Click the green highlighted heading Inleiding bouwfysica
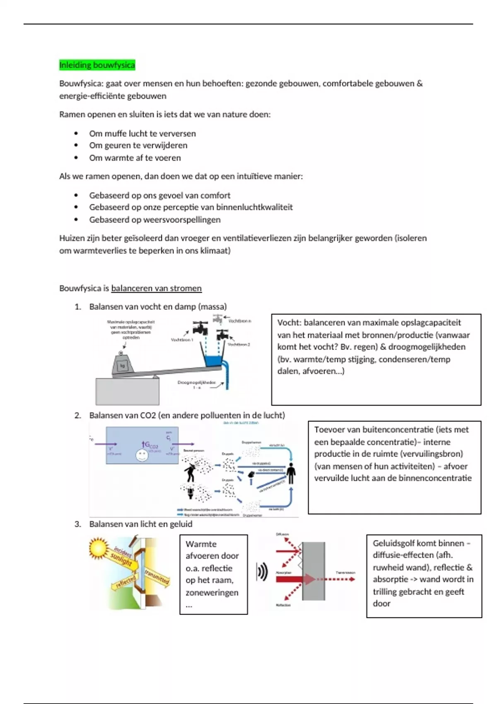(97, 65)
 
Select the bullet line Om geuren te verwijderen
(138, 145)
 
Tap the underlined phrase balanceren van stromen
(156, 288)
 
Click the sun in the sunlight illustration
(99, 548)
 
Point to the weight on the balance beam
(122, 365)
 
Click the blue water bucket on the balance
(213, 361)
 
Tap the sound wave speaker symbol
(262, 572)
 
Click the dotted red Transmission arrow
(340, 579)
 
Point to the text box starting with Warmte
(213, 574)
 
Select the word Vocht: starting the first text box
(289, 323)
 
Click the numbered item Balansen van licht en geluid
(141, 524)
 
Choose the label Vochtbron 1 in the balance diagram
(182, 340)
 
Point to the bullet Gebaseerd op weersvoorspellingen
(154, 219)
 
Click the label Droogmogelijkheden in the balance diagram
(196, 383)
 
